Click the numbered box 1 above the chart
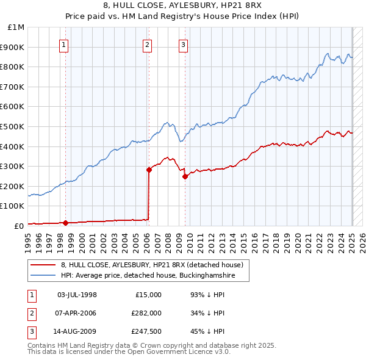64,43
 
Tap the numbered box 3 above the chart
184,43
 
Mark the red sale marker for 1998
65,223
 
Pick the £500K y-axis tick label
13,126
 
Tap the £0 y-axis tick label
20,226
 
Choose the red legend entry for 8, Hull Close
152,265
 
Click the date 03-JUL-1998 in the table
77,295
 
